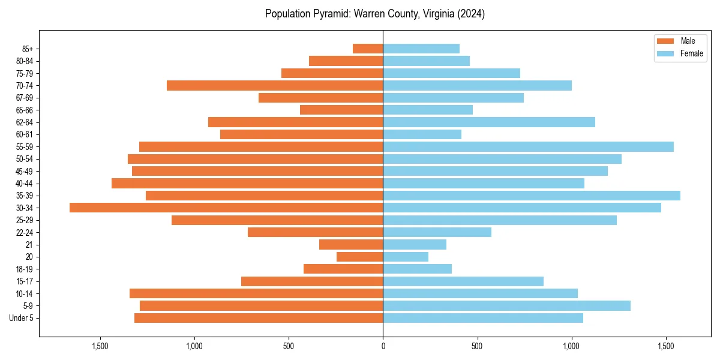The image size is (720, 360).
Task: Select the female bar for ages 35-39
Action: pos(532,196)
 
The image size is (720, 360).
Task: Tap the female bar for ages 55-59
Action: pos(528,146)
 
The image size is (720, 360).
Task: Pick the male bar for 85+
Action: pos(368,49)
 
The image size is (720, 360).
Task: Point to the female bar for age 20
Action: pos(406,257)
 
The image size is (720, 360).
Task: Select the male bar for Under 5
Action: pos(259,318)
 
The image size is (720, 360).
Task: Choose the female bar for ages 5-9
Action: pos(506,305)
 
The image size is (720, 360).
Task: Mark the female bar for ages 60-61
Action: pos(422,134)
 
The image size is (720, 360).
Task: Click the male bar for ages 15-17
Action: pos(312,281)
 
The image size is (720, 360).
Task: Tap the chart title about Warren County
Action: pos(375,14)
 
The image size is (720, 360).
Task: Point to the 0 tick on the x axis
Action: pos(383,346)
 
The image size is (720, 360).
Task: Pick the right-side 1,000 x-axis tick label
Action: pos(571,346)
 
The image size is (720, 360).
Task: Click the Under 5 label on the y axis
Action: pos(21,318)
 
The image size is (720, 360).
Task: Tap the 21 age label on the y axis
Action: pos(29,245)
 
